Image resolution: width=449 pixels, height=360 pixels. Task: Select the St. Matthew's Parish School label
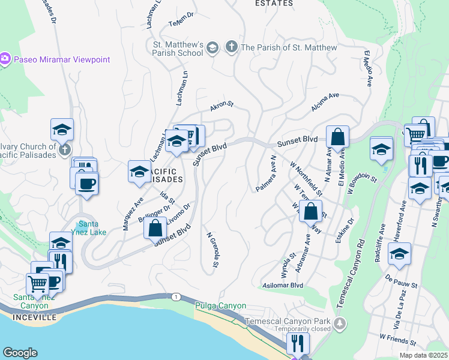(x=178, y=49)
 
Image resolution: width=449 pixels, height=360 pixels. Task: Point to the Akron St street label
(x=221, y=106)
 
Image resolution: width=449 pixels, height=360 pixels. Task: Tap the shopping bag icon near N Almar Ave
(x=337, y=137)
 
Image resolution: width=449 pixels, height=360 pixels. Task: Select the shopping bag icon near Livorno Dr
(x=155, y=229)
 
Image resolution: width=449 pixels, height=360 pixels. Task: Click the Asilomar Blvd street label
(x=282, y=286)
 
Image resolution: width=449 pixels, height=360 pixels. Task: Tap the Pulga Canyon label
(x=220, y=306)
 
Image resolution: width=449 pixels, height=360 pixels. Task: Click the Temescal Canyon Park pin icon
(x=340, y=325)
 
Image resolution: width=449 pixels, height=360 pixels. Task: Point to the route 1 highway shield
(x=175, y=297)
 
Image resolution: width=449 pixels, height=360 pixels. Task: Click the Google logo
(x=20, y=353)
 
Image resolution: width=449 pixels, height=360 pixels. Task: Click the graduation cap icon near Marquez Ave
(x=139, y=172)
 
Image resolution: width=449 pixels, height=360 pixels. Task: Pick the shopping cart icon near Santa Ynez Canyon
(x=37, y=283)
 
